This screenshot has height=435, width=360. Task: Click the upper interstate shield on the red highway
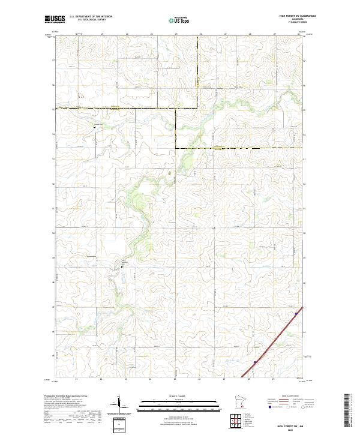(296, 313)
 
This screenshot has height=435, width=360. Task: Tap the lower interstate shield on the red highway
(255, 362)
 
